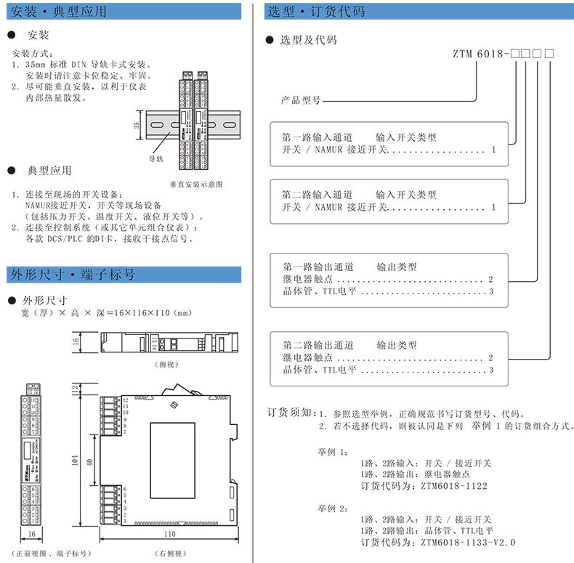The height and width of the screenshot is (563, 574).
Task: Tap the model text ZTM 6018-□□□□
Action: pyautogui.click(x=504, y=54)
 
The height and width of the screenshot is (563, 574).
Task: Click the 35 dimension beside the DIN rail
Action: pyautogui.click(x=137, y=125)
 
